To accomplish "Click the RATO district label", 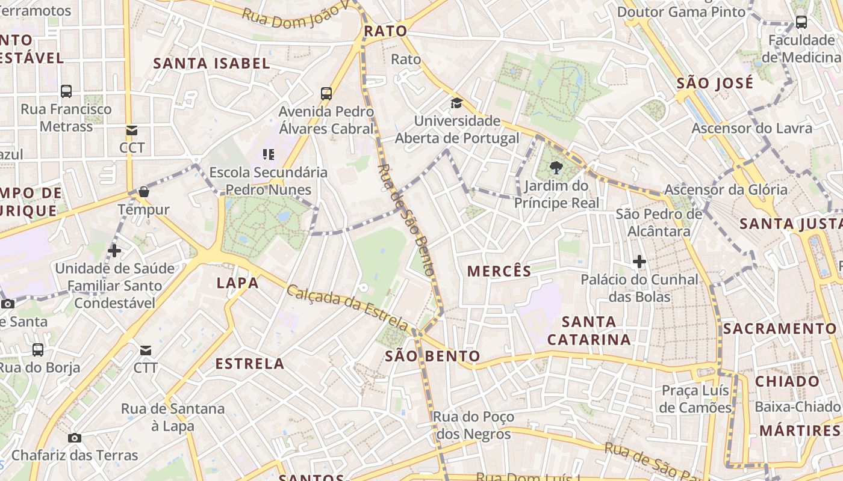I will [385, 31].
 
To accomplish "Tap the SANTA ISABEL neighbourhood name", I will [211, 63].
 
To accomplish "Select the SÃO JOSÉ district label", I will [715, 83].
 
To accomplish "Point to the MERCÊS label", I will [500, 271].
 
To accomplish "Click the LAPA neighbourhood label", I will [238, 283].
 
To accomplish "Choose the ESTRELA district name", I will [250, 363].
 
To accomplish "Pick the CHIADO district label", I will [788, 381].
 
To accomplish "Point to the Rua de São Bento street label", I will [406, 219].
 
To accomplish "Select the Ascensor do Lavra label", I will [751, 128].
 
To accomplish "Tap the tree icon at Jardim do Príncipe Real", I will [556, 168].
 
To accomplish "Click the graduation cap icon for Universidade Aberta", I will [456, 103].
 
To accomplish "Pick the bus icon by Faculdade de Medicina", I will [801, 22].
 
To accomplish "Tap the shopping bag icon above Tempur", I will [143, 192].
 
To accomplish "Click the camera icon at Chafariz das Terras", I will [75, 438].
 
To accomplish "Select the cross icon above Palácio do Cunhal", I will [639, 262].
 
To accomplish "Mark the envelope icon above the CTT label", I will [146, 350].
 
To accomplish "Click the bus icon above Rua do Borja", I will [38, 349].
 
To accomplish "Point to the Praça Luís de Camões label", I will [695, 399].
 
